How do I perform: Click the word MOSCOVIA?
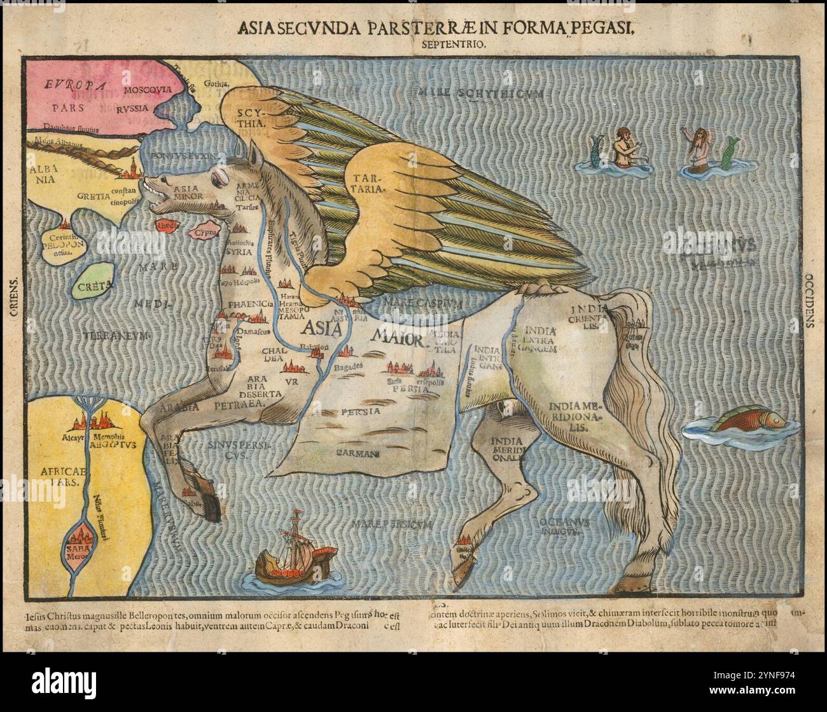[148, 90]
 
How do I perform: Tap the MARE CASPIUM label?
[414, 303]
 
